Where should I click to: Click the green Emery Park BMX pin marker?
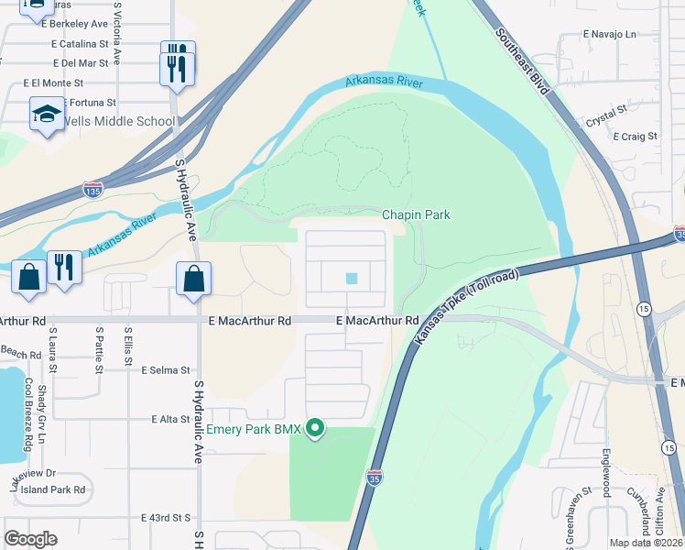click(x=316, y=428)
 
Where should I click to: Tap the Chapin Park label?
click(x=416, y=214)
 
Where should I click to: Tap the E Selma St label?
click(x=165, y=370)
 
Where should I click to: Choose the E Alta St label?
click(x=170, y=419)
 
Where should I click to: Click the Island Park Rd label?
click(x=53, y=489)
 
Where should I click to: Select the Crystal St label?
click(x=606, y=114)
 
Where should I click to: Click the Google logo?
click(x=31, y=539)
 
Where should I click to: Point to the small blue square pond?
click(x=352, y=279)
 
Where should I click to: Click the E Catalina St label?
click(x=81, y=43)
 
